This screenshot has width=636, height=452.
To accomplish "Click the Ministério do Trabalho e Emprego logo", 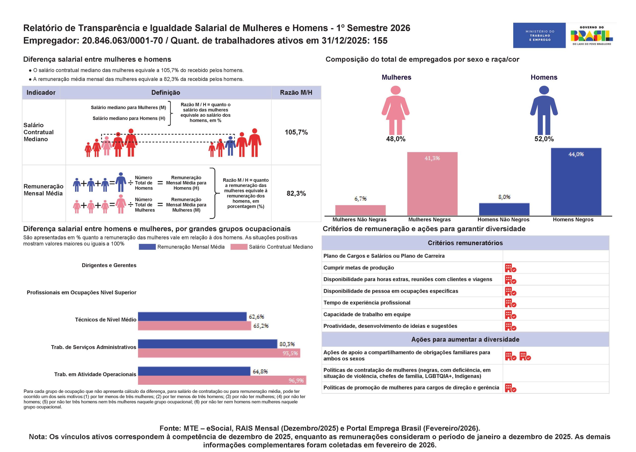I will pos(539,35).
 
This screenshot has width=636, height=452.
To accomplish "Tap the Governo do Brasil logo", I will pos(592,35).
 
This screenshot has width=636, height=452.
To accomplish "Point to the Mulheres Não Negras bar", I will pos(360,210).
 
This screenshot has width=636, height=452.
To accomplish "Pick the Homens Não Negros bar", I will pos(504,209).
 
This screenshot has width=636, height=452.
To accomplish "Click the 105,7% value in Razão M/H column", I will pos(296,132).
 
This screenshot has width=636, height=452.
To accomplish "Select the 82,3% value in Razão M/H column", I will pos(296,193).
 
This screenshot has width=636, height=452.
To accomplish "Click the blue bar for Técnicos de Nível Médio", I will pos(192,316).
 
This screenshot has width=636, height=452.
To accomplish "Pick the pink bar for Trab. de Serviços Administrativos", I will pos(219,353).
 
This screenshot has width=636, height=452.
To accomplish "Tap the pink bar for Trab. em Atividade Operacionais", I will pos(222,380).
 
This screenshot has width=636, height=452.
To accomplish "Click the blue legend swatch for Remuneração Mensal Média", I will pos(147,247).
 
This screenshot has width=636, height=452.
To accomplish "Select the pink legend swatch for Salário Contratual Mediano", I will pos(239,247).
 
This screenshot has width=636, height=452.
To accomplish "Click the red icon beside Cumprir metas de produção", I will pos(511,268).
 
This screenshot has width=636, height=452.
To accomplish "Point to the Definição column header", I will pos(166,93).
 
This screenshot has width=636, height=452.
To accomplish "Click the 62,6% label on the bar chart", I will pos(256,317).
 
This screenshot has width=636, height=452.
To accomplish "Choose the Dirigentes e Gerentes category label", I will pos(109,265).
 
